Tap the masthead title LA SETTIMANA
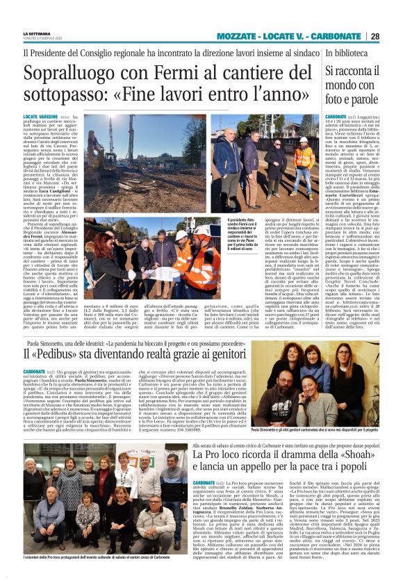point(38,33)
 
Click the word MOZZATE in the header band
point(240,36)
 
